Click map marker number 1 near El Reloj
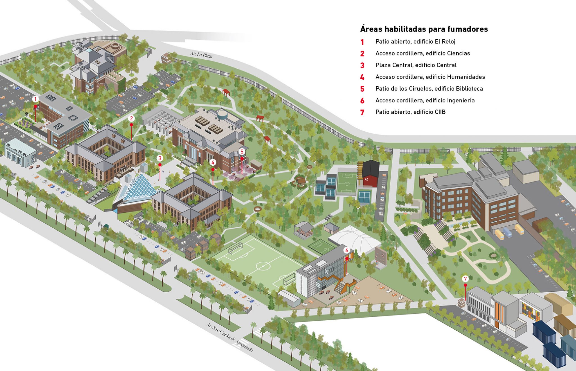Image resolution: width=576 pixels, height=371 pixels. [x=35, y=99]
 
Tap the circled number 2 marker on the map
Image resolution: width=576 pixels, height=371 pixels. [x=131, y=118]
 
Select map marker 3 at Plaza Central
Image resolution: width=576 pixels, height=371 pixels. [x=160, y=158]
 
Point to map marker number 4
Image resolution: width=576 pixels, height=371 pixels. [x=213, y=162]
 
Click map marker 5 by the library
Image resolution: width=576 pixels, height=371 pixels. [x=242, y=152]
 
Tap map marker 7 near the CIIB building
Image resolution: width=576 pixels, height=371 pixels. [x=465, y=279]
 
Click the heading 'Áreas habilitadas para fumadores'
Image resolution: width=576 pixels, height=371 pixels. [x=424, y=29]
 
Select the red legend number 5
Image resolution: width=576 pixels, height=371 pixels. [x=362, y=89]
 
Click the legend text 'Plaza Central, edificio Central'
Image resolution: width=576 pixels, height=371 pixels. [x=416, y=65]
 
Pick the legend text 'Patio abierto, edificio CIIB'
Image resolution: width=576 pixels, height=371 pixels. [x=410, y=112]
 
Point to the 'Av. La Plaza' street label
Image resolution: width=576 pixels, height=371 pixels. [x=201, y=55]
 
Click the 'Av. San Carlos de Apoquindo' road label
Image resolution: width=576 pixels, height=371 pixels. [x=229, y=337]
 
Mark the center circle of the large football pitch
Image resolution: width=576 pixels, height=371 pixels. [x=263, y=266]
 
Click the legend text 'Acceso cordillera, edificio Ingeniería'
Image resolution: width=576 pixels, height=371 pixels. [x=425, y=100]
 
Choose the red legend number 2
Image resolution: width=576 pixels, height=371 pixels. [x=362, y=53]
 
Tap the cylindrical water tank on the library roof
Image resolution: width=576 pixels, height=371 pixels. [x=223, y=114]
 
